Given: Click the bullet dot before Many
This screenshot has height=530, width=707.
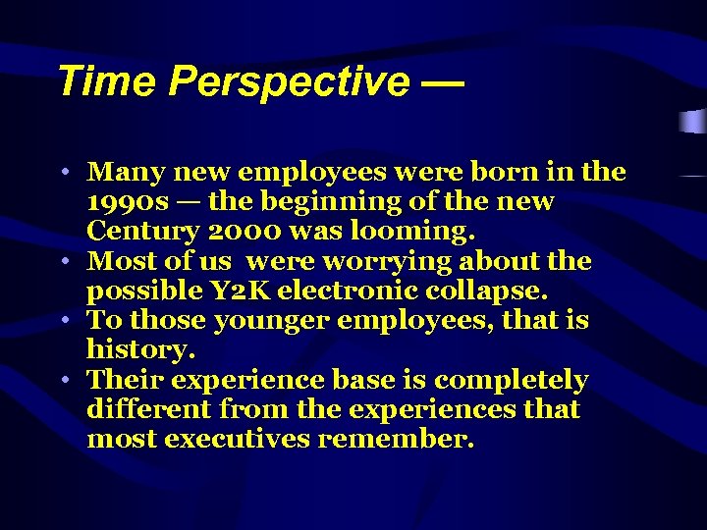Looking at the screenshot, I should tap(62, 173).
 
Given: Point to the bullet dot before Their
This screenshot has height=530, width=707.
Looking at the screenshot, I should tap(62, 381).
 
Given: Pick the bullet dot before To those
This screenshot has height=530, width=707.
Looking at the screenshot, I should tap(62, 321).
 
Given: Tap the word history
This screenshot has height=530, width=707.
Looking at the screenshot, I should tap(141, 350).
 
